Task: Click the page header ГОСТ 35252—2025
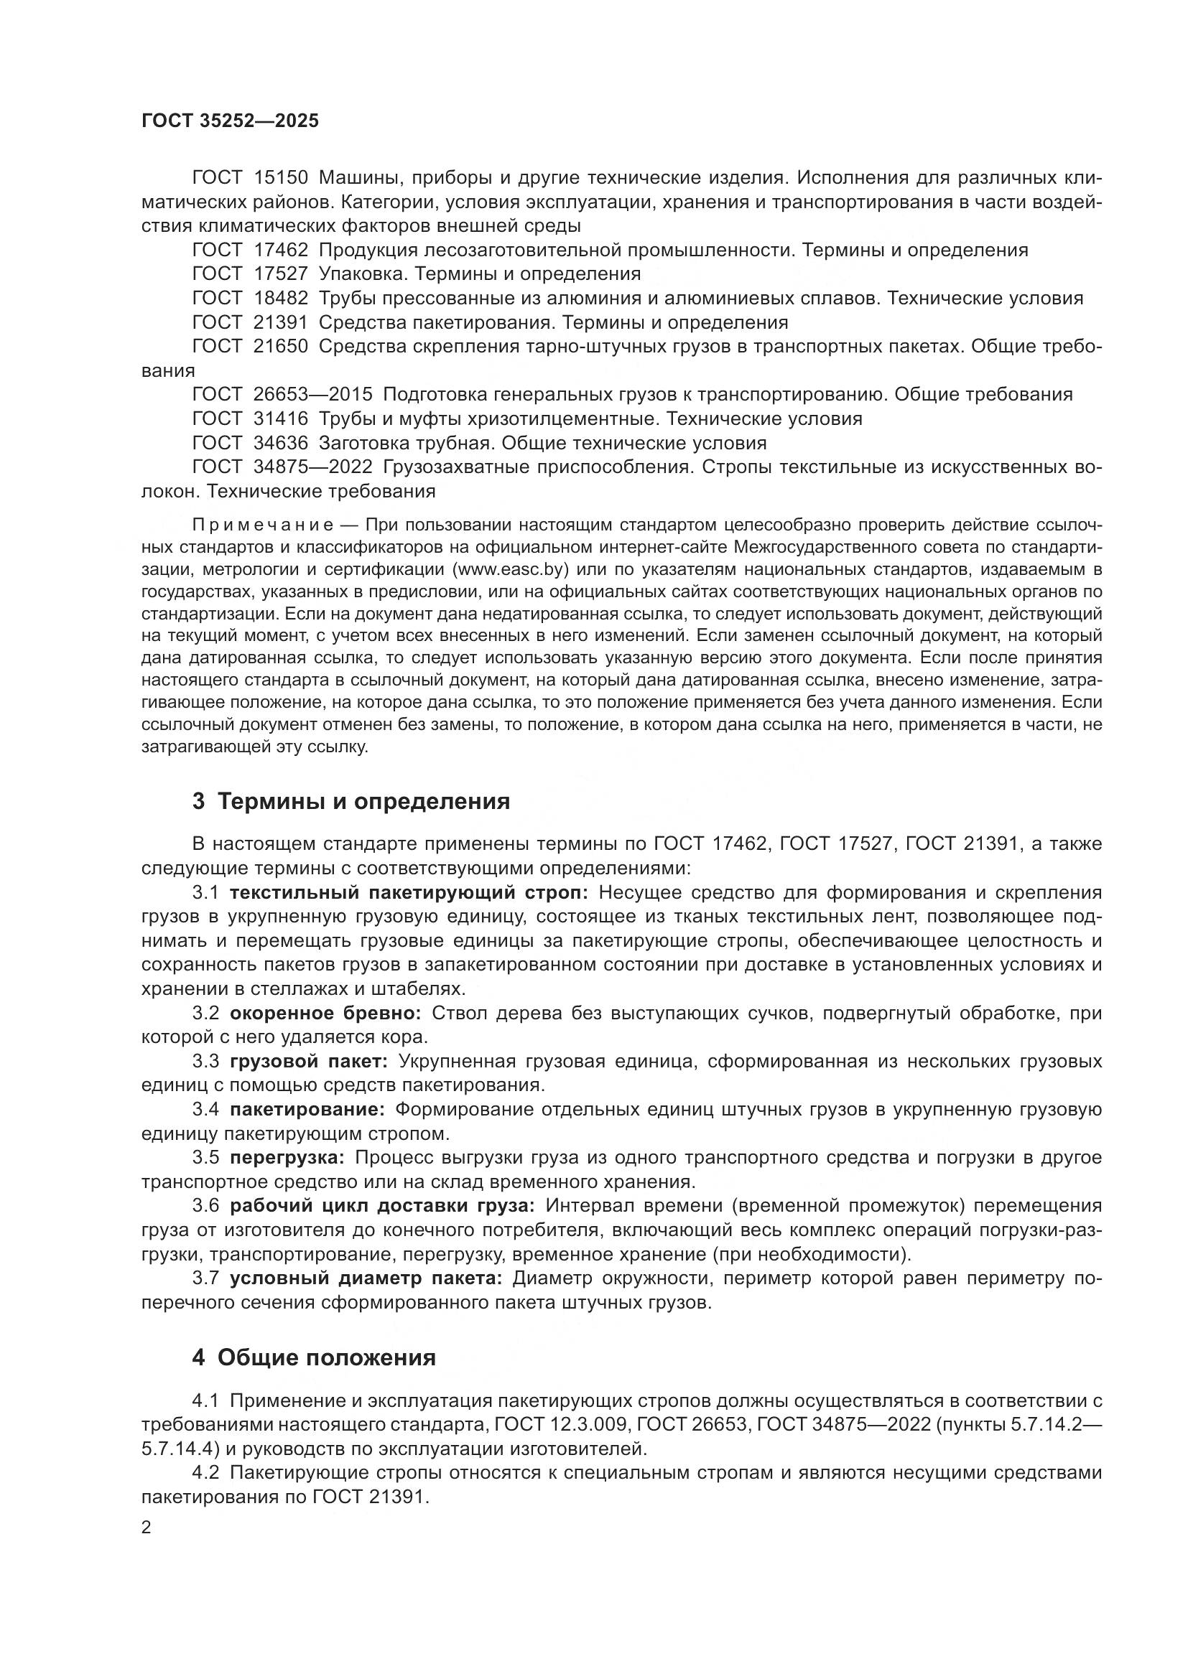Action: [231, 121]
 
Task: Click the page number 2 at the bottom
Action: [147, 1528]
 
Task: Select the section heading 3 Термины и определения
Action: [351, 802]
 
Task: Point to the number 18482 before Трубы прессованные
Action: [281, 299]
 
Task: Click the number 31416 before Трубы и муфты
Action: [281, 419]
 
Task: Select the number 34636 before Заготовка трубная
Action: [281, 443]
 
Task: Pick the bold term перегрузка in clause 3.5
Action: [286, 1158]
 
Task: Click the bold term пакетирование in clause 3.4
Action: [307, 1109]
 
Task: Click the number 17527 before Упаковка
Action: [281, 274]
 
